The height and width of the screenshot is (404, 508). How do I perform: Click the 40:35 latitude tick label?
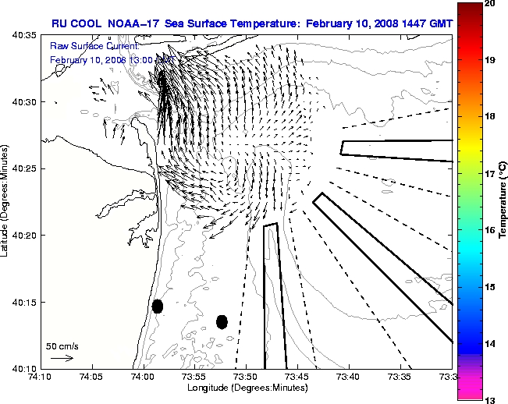point(25,35)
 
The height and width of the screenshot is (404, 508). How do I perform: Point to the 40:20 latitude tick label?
point(25,236)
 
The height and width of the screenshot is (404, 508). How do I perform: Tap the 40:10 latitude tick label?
point(25,368)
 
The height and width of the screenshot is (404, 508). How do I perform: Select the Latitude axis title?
point(6,201)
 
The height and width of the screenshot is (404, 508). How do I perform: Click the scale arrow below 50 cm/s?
point(62,358)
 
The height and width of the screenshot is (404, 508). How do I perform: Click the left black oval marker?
point(158,306)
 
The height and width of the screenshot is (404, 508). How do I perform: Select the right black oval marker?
point(222,321)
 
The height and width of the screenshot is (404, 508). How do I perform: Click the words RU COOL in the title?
point(73,23)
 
